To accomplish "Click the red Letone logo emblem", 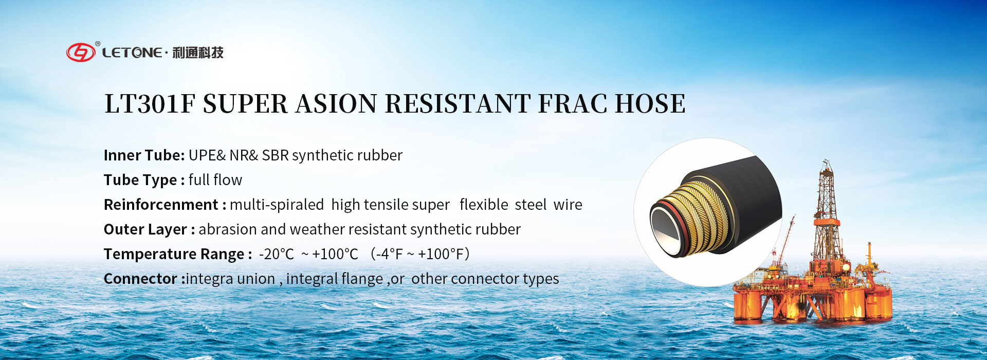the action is pyautogui.click(x=81, y=52).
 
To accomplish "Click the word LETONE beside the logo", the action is pyautogui.click(x=132, y=52).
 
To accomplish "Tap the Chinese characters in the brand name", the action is pyautogui.click(x=198, y=52).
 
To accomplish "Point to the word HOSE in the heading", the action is pyautogui.click(x=650, y=104).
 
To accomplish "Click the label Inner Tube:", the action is pyautogui.click(x=144, y=155).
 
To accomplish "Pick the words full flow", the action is pyautogui.click(x=215, y=180).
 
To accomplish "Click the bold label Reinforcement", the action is pyautogui.click(x=161, y=205).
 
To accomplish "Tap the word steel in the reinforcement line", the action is pyautogui.click(x=531, y=205).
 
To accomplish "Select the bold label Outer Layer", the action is pyautogui.click(x=145, y=229).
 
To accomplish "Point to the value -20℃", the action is pyautogui.click(x=277, y=254).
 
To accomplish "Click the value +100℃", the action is pyautogui.click(x=335, y=254).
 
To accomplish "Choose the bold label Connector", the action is pyautogui.click(x=140, y=279).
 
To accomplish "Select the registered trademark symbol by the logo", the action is pyautogui.click(x=98, y=44).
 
